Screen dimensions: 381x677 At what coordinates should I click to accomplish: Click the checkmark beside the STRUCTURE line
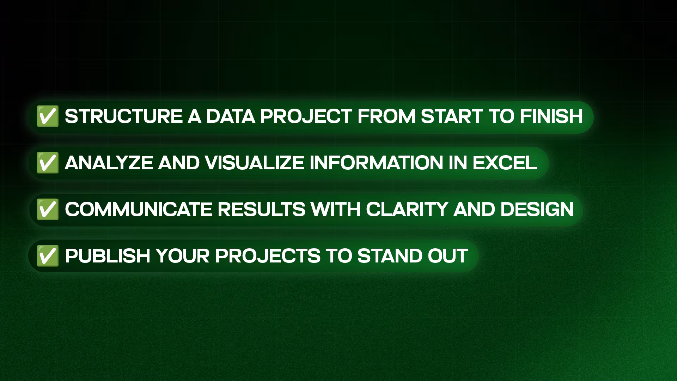pyautogui.click(x=48, y=116)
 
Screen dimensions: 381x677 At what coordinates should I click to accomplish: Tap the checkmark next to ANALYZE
pyautogui.click(x=48, y=163)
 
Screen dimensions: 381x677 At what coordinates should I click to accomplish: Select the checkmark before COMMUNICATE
pyautogui.click(x=48, y=209)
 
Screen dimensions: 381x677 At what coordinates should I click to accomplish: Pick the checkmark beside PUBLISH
pyautogui.click(x=48, y=256)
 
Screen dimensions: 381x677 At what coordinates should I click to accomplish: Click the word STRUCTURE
pyautogui.click(x=123, y=116)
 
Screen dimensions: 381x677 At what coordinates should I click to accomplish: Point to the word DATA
pyautogui.click(x=231, y=116)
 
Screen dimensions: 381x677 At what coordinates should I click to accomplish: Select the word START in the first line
pyautogui.click(x=452, y=116)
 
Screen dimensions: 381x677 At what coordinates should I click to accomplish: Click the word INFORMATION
pyautogui.click(x=377, y=163)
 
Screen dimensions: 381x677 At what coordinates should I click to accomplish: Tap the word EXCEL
pyautogui.click(x=505, y=163)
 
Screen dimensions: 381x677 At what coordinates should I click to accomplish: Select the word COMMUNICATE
pyautogui.click(x=139, y=209)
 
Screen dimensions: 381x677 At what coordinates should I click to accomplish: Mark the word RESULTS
pyautogui.click(x=261, y=209)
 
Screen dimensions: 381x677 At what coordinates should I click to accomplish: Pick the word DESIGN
pyautogui.click(x=537, y=209)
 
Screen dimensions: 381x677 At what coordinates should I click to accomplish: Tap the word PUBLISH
pyautogui.click(x=108, y=256)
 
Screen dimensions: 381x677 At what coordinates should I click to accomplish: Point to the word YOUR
pyautogui.click(x=183, y=256)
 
